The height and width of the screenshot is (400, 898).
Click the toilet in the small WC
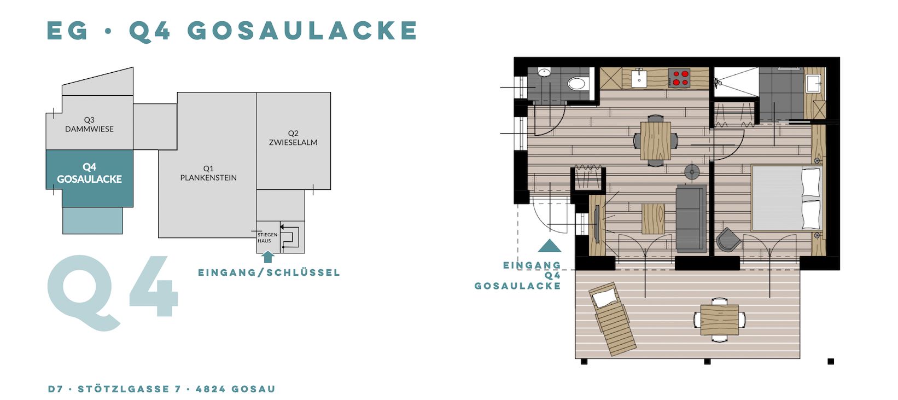[x=577, y=84]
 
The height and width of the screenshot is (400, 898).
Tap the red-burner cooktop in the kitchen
[x=679, y=78]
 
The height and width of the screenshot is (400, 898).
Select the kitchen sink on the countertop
[x=639, y=78]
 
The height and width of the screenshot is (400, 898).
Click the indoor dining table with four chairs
[x=656, y=141]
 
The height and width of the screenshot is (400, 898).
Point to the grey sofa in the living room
[x=691, y=218]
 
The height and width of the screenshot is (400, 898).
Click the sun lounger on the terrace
[x=612, y=318]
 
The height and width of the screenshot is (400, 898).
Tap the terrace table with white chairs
[x=720, y=320]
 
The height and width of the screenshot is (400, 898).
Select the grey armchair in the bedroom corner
[x=728, y=240]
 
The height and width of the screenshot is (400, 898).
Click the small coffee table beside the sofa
[x=653, y=219]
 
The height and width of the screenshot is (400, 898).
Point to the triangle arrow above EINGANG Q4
[x=549, y=246]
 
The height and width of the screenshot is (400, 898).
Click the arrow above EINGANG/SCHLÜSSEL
[x=268, y=257]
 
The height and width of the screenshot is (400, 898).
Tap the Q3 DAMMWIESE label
[x=89, y=124]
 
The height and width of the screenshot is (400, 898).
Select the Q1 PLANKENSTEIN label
[x=208, y=173]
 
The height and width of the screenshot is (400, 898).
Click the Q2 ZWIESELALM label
[x=293, y=137]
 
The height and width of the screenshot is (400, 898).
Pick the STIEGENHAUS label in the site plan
[x=268, y=237]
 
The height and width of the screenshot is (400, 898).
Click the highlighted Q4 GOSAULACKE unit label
[x=89, y=173]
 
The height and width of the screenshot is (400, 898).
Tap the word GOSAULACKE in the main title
[x=302, y=31]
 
